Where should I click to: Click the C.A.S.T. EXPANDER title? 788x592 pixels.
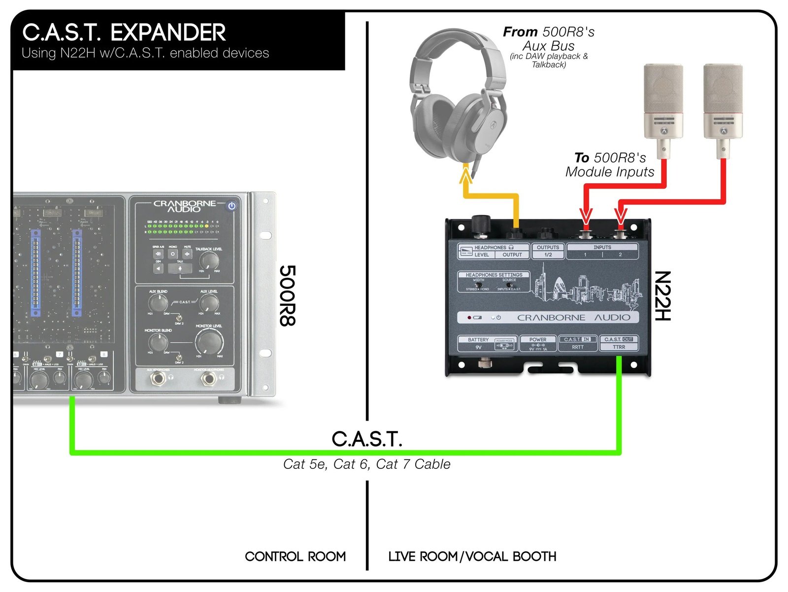124,33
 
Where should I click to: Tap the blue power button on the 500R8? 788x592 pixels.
232,206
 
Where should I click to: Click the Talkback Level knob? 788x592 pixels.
209,261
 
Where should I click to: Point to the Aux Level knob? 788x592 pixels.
209,302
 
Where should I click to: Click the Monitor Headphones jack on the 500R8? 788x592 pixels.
208,379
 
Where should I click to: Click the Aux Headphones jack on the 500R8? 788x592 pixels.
158,379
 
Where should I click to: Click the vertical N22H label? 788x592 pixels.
662,296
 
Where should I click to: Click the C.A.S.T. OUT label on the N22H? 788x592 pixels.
619,339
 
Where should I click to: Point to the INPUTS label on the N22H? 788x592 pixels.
602,247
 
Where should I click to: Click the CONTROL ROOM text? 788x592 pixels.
295,557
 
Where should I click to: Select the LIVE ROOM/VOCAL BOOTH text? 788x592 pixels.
472,557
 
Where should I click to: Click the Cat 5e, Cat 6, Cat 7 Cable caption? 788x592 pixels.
366,464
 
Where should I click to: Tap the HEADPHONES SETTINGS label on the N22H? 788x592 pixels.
494,275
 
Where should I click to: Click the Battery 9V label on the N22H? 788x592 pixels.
478,343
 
